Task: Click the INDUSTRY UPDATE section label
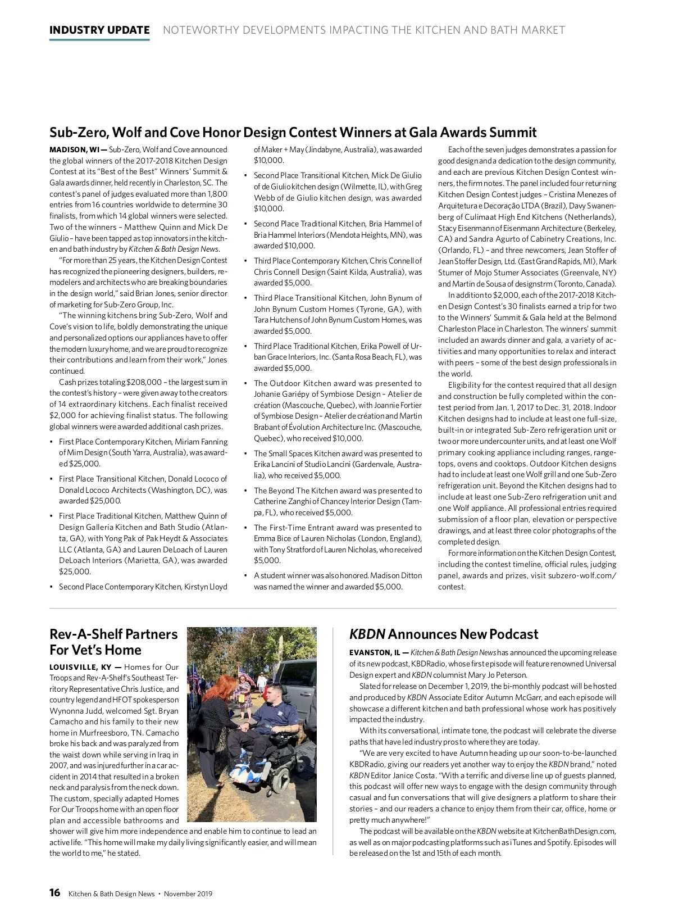click(x=99, y=30)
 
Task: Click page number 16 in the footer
click(x=54, y=893)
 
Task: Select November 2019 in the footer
click(x=188, y=893)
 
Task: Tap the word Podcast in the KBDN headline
click(x=513, y=634)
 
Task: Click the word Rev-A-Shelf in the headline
click(x=85, y=634)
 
